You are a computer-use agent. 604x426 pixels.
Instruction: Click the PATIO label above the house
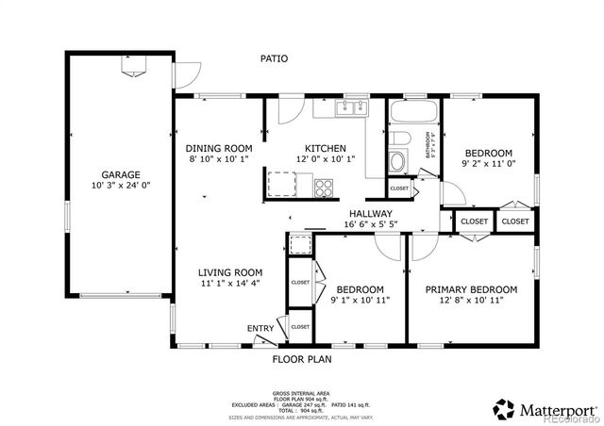point(274,58)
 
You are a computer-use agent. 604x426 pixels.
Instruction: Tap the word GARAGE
point(122,174)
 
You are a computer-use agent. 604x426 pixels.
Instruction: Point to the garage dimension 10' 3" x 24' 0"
point(122,186)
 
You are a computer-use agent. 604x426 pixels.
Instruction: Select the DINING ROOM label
point(218,148)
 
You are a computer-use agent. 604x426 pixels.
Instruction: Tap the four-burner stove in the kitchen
point(325,185)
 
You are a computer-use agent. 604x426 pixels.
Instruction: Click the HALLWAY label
point(370,214)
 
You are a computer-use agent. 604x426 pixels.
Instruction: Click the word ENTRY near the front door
point(260,328)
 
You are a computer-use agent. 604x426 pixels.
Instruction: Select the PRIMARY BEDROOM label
point(471,289)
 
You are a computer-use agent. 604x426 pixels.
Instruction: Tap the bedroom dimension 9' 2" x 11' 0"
point(488,164)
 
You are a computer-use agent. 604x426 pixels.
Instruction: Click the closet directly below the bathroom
point(399,188)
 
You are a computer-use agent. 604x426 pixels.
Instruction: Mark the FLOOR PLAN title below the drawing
point(302,359)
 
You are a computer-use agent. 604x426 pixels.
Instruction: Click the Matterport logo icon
point(503,408)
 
